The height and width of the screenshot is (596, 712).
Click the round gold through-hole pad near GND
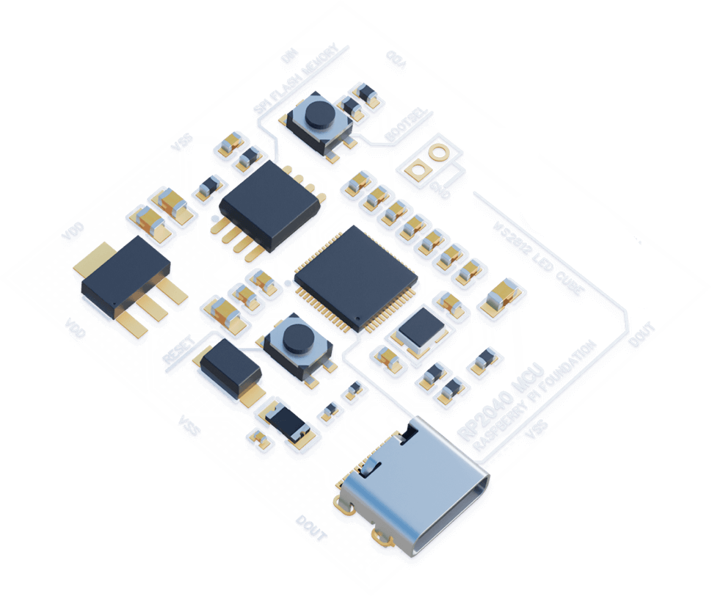pyautogui.click(x=439, y=153)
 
